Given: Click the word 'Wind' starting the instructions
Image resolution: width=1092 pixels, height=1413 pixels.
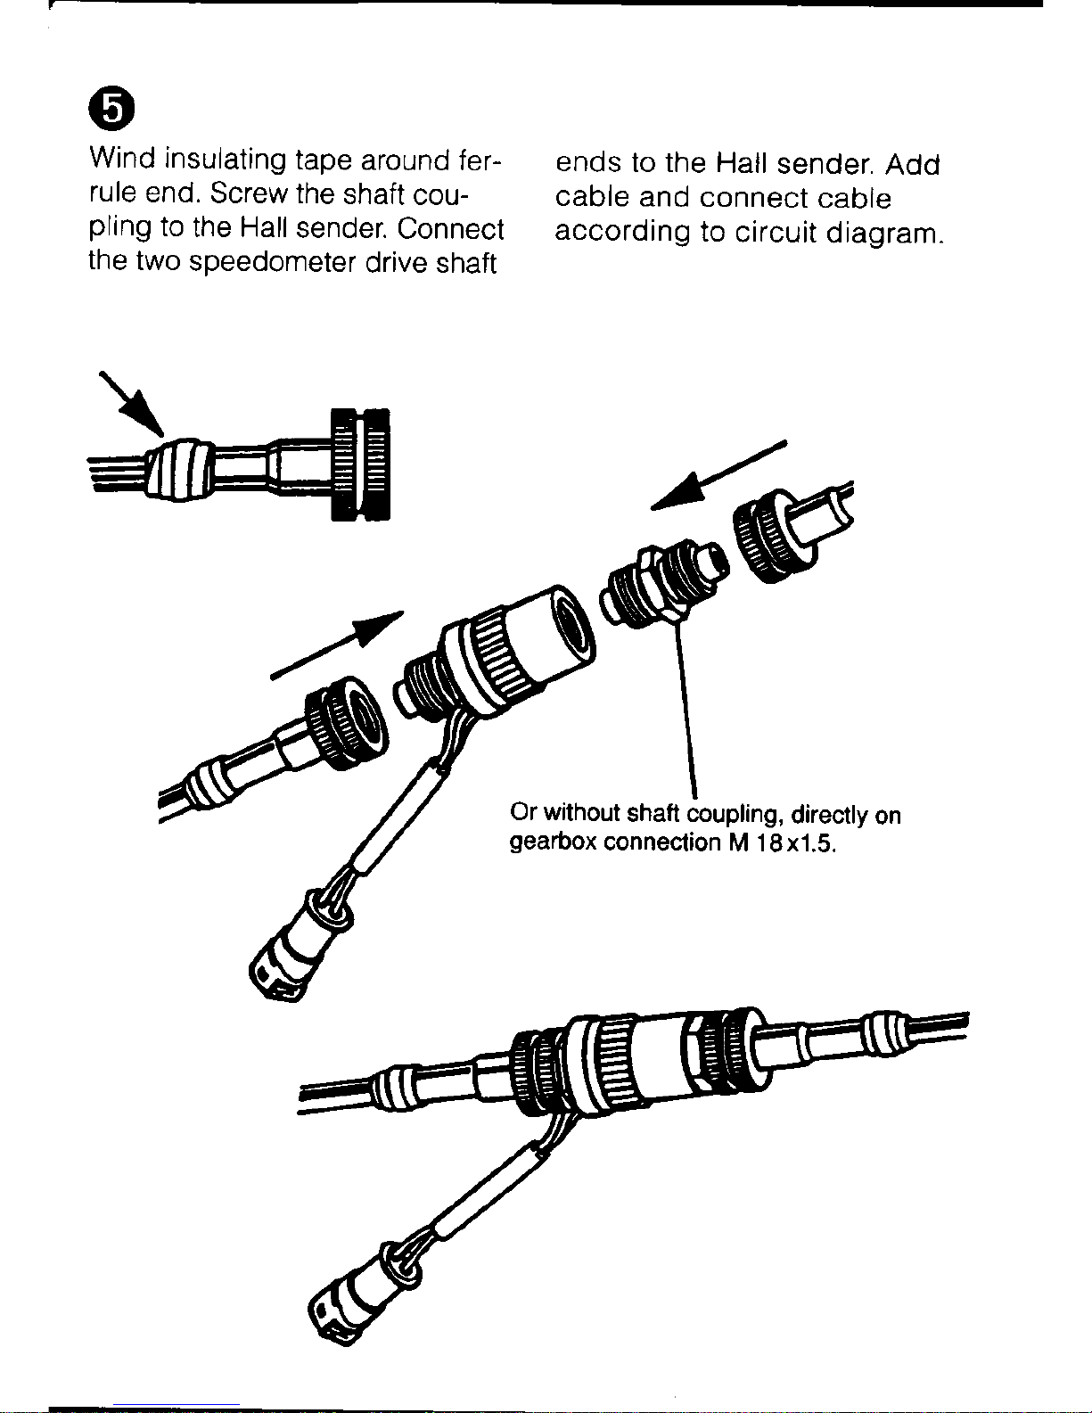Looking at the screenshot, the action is (122, 159).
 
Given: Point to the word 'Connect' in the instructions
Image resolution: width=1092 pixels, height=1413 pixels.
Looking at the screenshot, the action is (450, 229).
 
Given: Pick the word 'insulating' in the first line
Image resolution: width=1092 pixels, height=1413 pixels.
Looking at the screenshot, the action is (225, 160).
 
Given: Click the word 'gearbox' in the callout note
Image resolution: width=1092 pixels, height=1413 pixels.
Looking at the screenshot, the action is (552, 842).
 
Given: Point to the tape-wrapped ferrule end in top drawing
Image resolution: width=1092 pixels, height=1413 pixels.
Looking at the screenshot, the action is (178, 469).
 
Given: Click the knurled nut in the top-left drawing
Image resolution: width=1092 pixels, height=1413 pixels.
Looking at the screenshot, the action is (360, 464).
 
